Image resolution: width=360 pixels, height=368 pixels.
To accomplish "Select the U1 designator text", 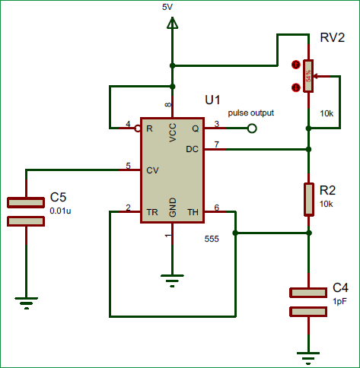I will (x=212, y=100).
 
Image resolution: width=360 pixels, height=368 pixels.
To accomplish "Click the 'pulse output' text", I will (x=251, y=113).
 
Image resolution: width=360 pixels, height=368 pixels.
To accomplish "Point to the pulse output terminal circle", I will (x=253, y=129).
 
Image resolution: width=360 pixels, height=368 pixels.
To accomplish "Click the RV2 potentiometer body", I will (x=308, y=76).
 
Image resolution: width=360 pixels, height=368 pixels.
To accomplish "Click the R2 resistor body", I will (x=308, y=198).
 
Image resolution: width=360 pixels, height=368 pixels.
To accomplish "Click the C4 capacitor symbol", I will (x=308, y=301).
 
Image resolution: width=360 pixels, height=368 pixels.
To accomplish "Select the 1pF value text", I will (x=339, y=301).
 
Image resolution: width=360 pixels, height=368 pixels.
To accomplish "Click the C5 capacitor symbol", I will (x=26, y=211).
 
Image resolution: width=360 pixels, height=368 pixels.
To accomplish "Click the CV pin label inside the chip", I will (x=153, y=170).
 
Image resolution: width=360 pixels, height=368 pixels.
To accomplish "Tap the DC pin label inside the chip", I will (x=192, y=149).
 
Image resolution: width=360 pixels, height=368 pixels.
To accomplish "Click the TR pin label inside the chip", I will (x=152, y=211).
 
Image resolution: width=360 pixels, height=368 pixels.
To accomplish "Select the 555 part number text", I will (x=212, y=239).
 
